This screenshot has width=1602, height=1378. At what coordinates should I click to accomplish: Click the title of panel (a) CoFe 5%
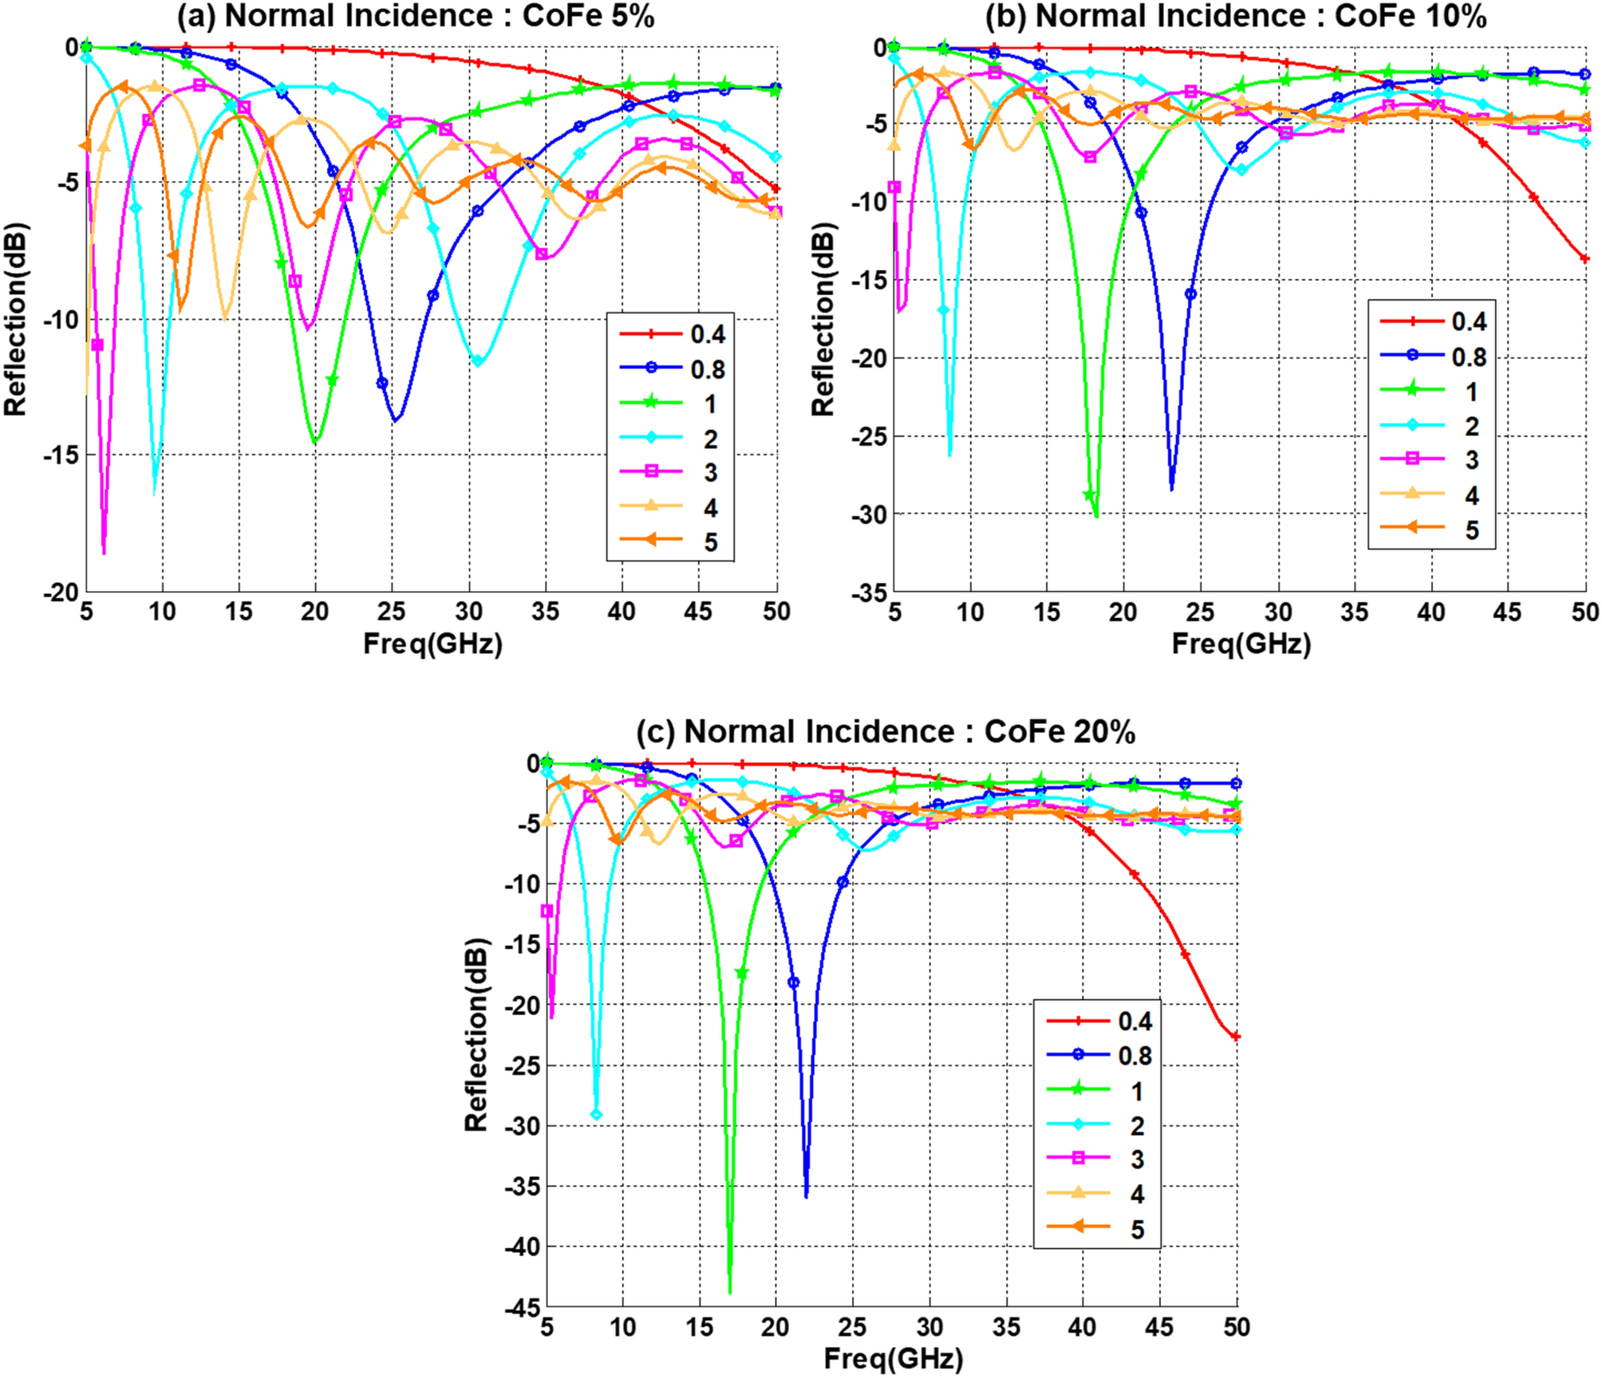click(x=415, y=16)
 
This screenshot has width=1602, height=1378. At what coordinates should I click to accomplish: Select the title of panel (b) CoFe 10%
click(x=1235, y=16)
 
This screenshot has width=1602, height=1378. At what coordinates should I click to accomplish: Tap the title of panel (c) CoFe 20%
click(x=886, y=731)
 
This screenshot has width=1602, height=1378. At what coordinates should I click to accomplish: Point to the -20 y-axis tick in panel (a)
click(x=62, y=592)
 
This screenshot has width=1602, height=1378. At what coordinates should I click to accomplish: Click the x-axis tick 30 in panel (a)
click(x=469, y=612)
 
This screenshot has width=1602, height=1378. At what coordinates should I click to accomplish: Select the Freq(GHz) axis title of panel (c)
click(x=893, y=1357)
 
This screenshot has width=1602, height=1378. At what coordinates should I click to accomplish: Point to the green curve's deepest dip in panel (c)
click(x=730, y=1290)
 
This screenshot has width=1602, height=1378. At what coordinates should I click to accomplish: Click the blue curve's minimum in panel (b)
click(x=1171, y=489)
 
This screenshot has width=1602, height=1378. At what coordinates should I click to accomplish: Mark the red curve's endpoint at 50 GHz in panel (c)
click(x=1237, y=1037)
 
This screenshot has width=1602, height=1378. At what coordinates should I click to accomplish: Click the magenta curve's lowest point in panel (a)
click(x=104, y=552)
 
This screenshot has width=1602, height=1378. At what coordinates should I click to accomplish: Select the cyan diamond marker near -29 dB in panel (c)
click(x=596, y=1114)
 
